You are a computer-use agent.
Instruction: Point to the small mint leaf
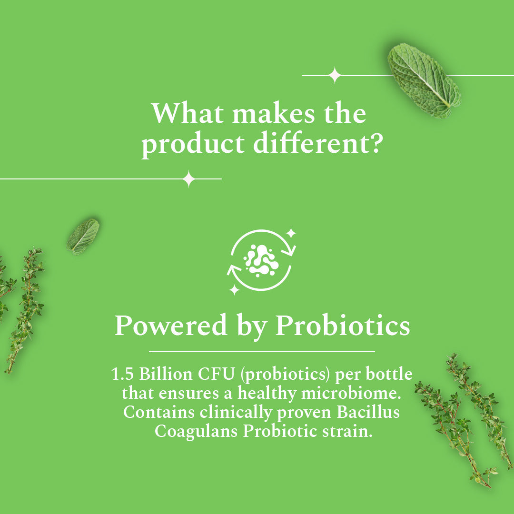[83, 236]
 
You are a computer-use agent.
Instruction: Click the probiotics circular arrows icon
[261, 261]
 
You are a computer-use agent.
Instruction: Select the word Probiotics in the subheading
[343, 326]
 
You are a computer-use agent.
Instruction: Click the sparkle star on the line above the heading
[335, 75]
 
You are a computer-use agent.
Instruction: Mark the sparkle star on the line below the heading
[189, 179]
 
